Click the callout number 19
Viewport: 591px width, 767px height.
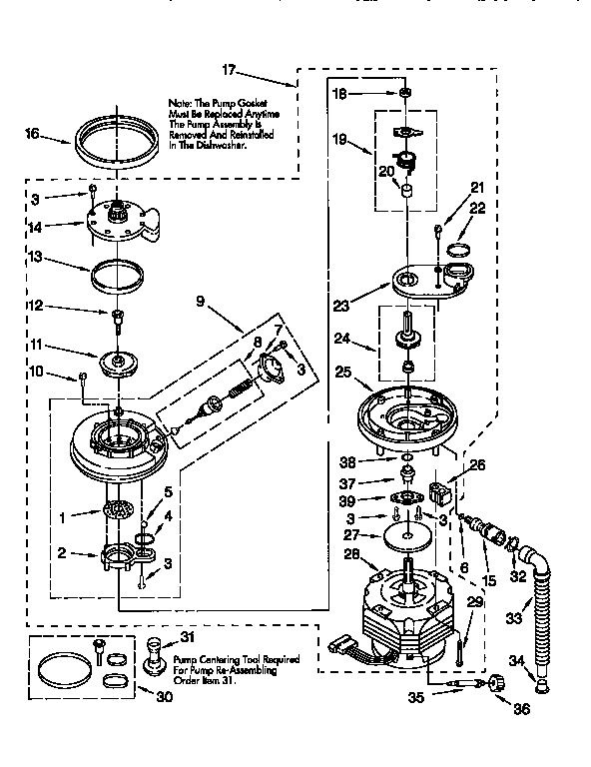point(340,139)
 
